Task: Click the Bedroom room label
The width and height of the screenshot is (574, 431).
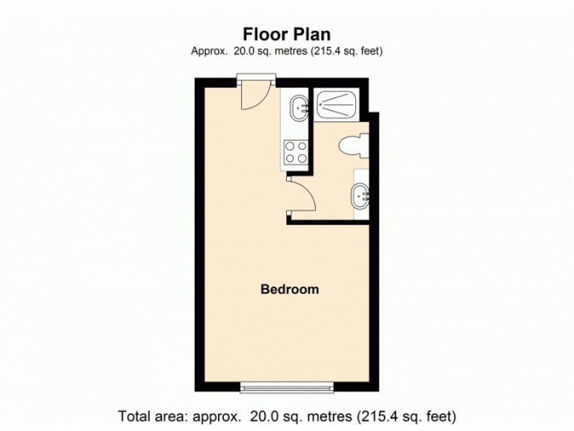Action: pyautogui.click(x=290, y=289)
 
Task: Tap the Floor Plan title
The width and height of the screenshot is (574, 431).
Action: pyautogui.click(x=286, y=34)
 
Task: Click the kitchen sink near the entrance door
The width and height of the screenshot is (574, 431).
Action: pyautogui.click(x=299, y=108)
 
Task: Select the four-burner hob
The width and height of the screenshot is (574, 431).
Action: pyautogui.click(x=296, y=152)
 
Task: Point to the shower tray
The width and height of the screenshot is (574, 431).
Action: pyautogui.click(x=337, y=104)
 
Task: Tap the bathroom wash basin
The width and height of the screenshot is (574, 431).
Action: pyautogui.click(x=360, y=196)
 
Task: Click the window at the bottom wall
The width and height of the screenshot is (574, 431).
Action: pyautogui.click(x=287, y=387)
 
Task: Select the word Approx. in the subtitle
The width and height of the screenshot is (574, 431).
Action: pyautogui.click(x=209, y=51)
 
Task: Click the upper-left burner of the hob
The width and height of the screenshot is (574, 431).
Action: pyautogui.click(x=290, y=147)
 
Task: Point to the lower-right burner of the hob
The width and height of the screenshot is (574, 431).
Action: pyautogui.click(x=302, y=158)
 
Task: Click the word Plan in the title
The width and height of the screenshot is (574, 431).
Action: pyautogui.click(x=311, y=34)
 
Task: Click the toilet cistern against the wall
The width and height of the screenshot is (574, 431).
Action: pyautogui.click(x=364, y=146)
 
